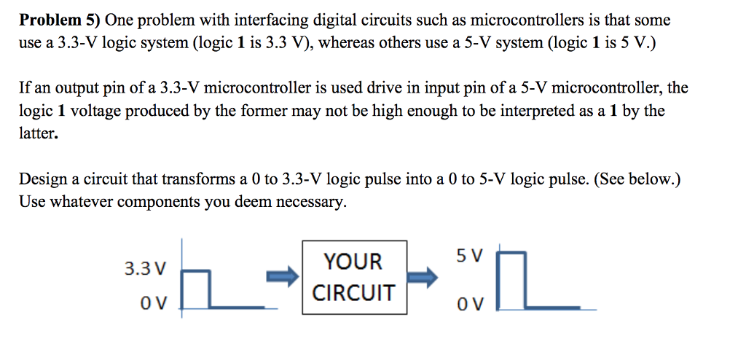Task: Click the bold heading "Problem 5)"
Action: point(60,20)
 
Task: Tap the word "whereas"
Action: point(353,43)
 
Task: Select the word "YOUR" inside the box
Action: point(353,261)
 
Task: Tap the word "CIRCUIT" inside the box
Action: point(353,293)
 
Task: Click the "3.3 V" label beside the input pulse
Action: point(145,269)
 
